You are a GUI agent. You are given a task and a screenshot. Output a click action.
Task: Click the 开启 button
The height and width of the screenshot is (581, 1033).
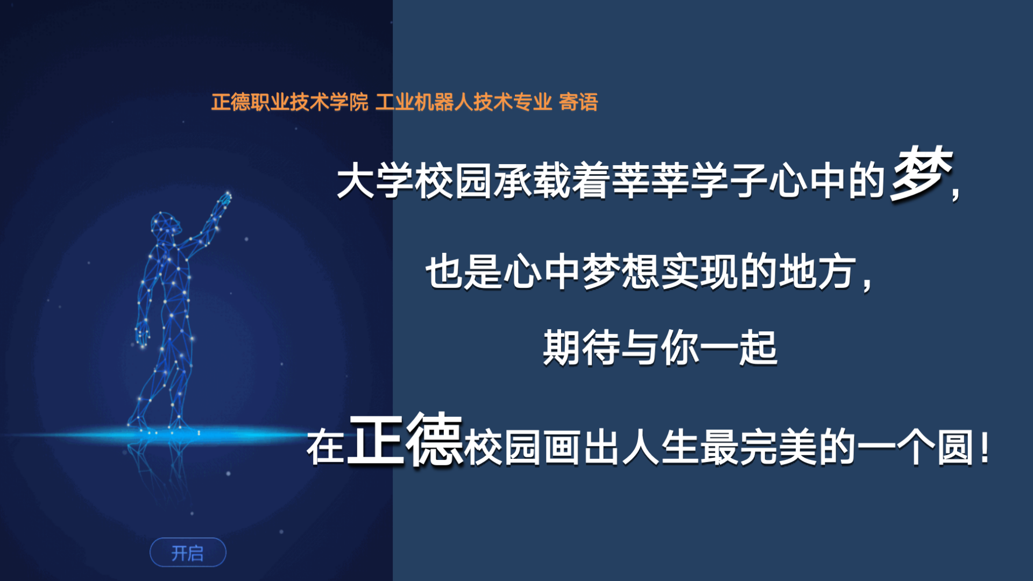click(x=188, y=552)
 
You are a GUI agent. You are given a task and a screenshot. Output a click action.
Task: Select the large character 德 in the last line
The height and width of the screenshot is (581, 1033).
click(x=435, y=440)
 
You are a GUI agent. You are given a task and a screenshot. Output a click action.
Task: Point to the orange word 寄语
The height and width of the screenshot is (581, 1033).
click(x=578, y=102)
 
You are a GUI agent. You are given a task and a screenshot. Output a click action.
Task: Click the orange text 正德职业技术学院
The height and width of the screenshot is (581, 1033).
click(x=289, y=102)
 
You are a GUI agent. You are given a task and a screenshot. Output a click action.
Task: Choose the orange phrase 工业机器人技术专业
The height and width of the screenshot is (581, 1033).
click(x=464, y=102)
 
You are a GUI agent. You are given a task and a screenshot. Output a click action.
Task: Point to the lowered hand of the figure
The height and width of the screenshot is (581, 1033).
click(x=142, y=334)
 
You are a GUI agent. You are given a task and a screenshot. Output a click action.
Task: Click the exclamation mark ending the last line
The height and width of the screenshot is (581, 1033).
click(x=985, y=449)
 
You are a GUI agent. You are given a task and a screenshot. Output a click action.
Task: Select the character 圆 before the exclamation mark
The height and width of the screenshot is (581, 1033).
click(x=956, y=448)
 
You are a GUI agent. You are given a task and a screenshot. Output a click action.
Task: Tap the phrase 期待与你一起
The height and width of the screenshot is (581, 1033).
click(x=660, y=348)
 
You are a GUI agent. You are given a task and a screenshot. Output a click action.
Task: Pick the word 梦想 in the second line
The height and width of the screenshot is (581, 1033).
click(x=621, y=272)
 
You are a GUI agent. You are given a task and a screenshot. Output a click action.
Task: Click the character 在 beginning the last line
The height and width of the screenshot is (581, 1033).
click(x=326, y=448)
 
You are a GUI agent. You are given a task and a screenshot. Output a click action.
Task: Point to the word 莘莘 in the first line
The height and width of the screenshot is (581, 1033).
click(x=651, y=181)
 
